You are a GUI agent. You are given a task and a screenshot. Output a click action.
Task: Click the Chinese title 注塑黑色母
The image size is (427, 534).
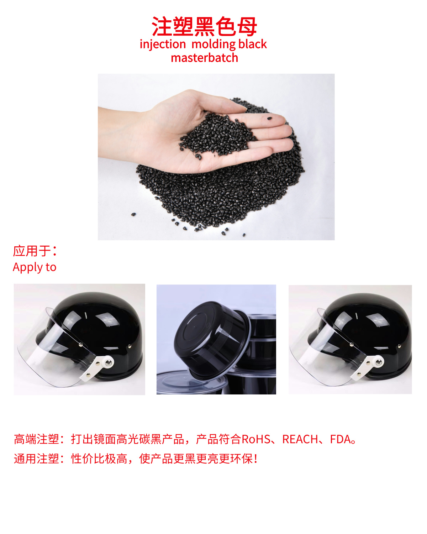[204, 26]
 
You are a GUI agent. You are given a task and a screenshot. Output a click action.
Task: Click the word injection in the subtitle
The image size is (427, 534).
[163, 44]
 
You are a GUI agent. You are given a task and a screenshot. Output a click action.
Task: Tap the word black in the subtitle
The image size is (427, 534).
[253, 44]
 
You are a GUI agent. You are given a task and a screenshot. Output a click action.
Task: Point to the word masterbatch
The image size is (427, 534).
[204, 58]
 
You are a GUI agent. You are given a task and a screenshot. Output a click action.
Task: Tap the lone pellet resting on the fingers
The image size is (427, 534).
[269, 119]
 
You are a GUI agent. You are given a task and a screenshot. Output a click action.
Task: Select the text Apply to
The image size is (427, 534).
[35, 267]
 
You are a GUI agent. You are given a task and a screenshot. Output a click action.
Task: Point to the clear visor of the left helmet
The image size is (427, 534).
[53, 352]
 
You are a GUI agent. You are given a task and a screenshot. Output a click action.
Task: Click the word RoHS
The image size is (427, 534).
[256, 439]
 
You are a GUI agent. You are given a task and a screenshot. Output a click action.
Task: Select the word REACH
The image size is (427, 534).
[300, 439]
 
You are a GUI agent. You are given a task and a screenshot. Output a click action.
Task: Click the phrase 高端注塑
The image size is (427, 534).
[36, 439]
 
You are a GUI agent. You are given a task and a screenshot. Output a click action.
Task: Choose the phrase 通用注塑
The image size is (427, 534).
[36, 459]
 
